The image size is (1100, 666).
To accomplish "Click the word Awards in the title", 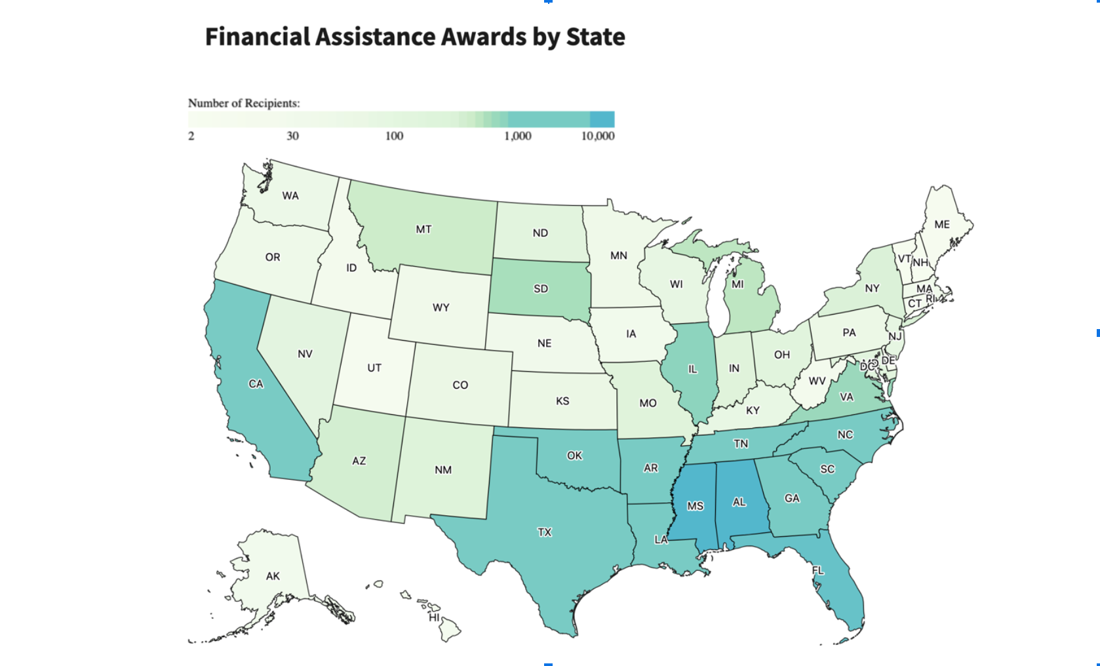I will pos(484,37).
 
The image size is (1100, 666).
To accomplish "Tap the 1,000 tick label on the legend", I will pos(517,136).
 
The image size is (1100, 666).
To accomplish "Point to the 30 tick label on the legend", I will pos(292,136).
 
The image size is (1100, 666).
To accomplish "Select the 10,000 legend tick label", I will pos(598,136).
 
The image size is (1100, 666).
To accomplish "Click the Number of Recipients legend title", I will pos(244,103).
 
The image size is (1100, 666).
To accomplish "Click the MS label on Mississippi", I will pos(695,506).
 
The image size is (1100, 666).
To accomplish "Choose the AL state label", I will pos(739,502).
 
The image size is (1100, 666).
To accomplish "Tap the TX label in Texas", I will pos(545,532).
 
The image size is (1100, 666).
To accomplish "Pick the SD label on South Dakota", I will pos(541,288).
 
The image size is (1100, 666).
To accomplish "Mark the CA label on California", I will pos(256,384).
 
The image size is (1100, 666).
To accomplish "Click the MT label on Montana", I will pos(423,229).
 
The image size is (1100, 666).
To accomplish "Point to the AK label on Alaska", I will pos(273,576).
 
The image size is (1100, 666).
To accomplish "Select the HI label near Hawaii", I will pos(434,617).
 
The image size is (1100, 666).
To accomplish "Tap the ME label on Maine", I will pos(942,224).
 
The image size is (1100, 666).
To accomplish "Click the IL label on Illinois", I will pos(692,369).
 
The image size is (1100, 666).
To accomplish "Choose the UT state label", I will pos(374,368).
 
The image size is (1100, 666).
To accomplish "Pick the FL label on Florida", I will pos(818,570).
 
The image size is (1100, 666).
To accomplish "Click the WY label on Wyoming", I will pos(441,307).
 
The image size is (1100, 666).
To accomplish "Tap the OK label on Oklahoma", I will pos(574,456).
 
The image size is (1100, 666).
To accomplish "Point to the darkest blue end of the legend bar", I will pos(602,119).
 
